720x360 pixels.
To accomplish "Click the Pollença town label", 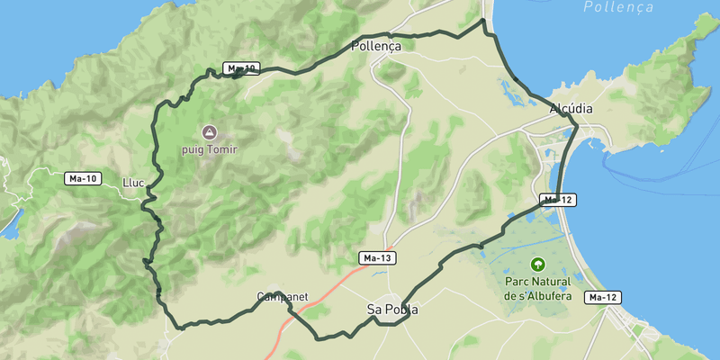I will [375, 46].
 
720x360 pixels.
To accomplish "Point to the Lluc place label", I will [133, 183].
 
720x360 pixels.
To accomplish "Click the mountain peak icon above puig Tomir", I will [210, 132].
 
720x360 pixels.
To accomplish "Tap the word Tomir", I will [220, 149].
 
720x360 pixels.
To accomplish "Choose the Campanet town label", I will [283, 296].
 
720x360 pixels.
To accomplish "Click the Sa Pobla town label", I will [392, 310].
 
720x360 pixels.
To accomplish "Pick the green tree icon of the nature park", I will [538, 265].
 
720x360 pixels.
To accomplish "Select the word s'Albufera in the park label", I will [546, 295].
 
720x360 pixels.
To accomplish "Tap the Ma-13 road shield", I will [378, 258].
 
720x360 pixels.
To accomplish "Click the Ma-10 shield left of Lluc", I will [83, 178].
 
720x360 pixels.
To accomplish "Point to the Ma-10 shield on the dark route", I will [241, 68].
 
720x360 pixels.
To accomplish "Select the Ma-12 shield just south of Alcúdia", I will [558, 199].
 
